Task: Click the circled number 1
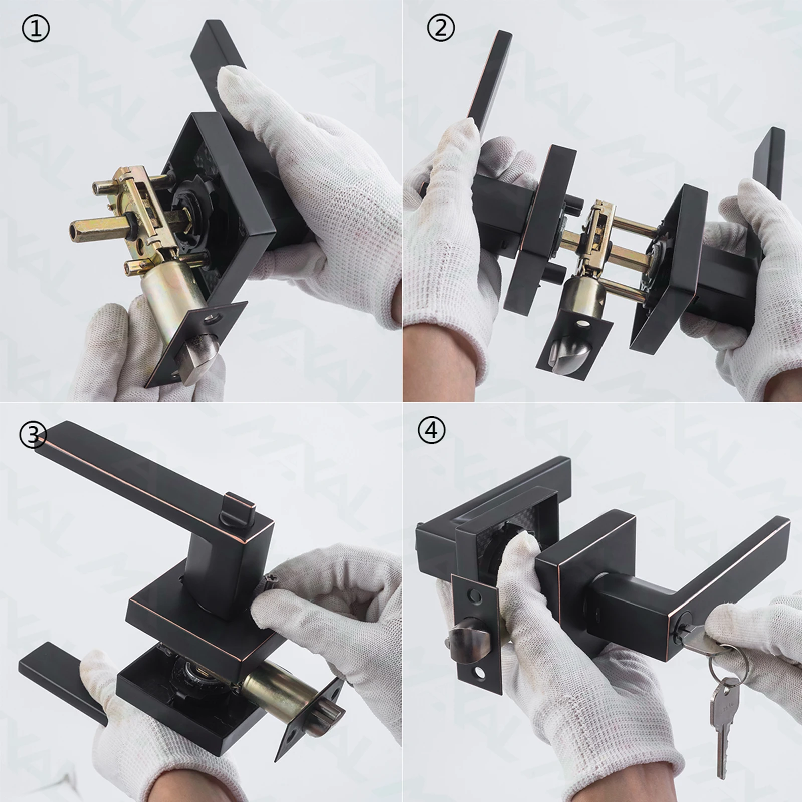(x=36, y=29)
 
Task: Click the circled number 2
(x=441, y=29)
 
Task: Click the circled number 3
(x=33, y=435)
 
